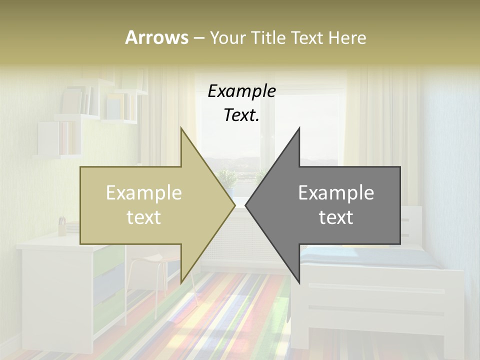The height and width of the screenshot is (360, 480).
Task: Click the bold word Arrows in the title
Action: [x=156, y=37]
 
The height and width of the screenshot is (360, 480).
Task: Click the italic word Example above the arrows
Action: [x=241, y=91]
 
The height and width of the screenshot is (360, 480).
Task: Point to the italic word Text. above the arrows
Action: [x=241, y=115]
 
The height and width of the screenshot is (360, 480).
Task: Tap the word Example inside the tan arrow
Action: [x=144, y=193]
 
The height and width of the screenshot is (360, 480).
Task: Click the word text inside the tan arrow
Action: [x=144, y=217]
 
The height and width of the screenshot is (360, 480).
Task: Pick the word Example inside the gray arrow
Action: [x=336, y=193]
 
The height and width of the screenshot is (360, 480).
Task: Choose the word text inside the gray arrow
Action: [x=336, y=217]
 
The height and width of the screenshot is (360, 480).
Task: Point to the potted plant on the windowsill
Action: [x=227, y=180]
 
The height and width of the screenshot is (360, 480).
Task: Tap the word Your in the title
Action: [x=228, y=37]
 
